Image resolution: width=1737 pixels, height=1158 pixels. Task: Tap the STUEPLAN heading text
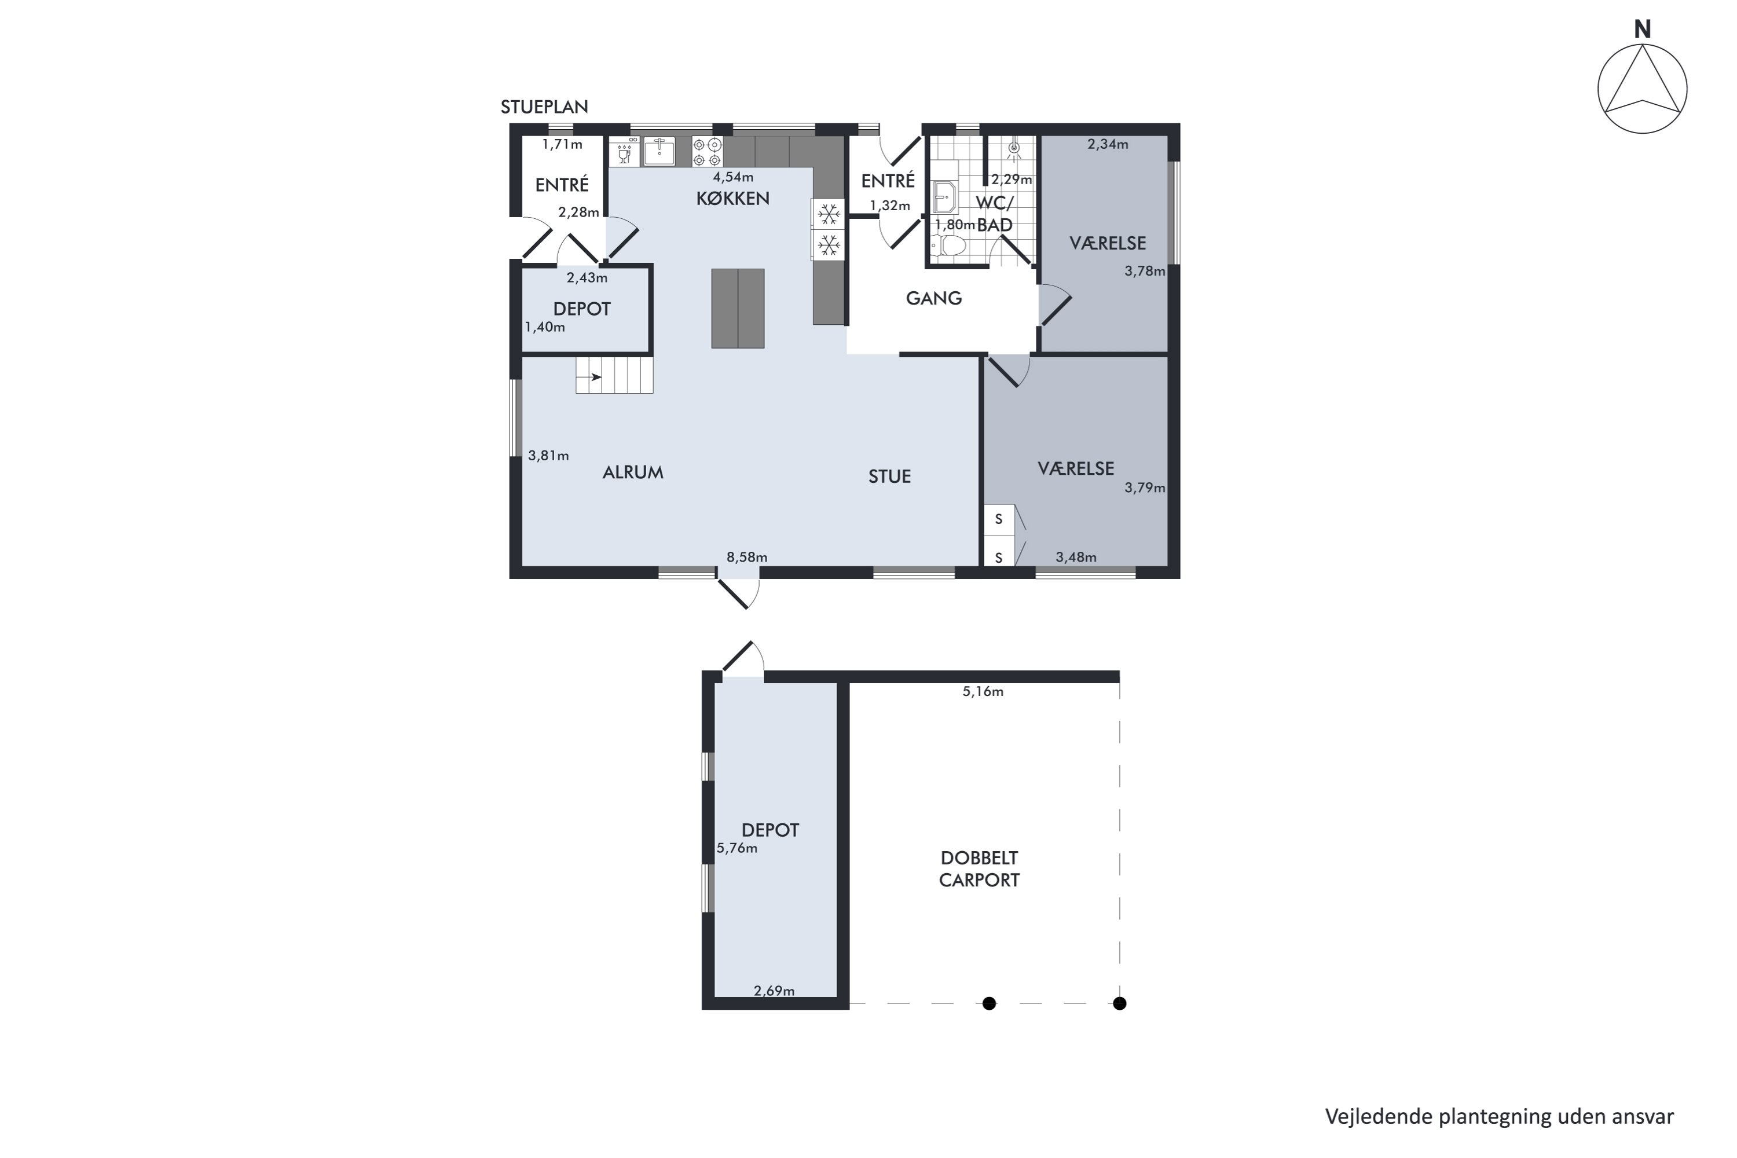point(544,107)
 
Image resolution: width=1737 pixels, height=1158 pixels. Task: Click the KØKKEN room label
point(732,198)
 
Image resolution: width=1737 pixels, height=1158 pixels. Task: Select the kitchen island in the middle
point(738,308)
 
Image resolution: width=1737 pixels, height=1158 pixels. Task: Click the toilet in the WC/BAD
point(948,245)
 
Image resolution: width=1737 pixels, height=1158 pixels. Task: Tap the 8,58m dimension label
point(747,557)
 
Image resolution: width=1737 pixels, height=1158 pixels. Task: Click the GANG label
point(933,298)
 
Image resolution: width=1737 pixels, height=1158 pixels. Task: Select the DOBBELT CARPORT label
point(979,868)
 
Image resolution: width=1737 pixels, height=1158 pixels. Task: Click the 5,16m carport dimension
point(983,691)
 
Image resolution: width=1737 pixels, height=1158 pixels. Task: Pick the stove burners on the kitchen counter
point(707,151)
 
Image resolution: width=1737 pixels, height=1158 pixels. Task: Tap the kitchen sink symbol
point(659,151)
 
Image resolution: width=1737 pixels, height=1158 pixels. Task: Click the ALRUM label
point(633,472)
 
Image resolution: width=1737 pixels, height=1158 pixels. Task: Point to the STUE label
point(889,477)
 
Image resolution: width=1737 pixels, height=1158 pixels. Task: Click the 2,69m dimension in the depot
point(774,990)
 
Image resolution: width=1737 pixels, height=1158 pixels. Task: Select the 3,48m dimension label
point(1076,557)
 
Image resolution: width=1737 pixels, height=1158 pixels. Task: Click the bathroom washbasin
point(944,197)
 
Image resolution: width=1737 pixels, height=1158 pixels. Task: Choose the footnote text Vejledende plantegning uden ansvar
point(1499,1116)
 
